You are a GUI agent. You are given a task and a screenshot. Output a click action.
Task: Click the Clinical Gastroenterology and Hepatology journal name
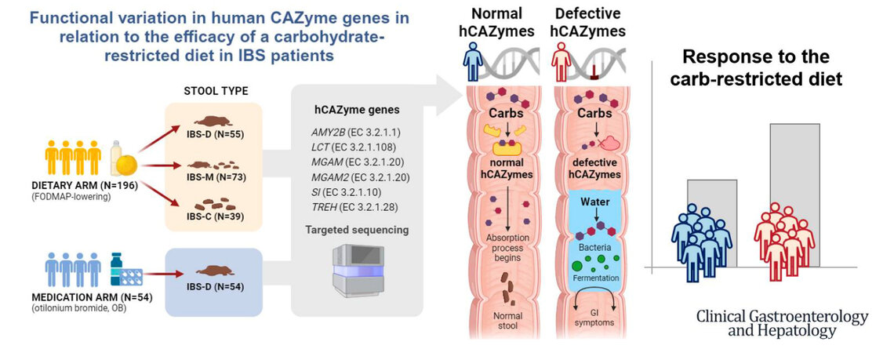pyautogui.click(x=782, y=324)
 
